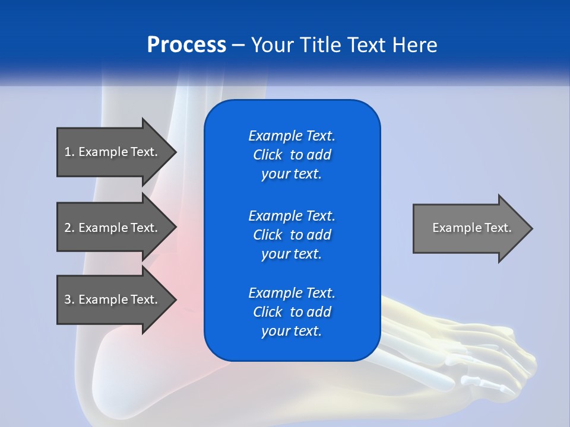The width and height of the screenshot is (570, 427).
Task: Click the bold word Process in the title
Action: [186, 45]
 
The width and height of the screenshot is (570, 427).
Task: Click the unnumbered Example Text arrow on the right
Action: [472, 228]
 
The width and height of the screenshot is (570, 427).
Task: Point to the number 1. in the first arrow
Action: [69, 152]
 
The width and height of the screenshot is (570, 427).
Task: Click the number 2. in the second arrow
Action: [69, 228]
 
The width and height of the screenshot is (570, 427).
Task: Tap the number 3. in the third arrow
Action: [69, 299]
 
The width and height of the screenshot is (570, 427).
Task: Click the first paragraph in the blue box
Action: [292, 155]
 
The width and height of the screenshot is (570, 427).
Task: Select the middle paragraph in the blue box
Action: [292, 235]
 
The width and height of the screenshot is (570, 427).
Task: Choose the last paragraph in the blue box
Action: [292, 312]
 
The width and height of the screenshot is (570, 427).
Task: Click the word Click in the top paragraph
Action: [267, 155]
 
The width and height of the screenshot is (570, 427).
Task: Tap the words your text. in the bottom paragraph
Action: [292, 331]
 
